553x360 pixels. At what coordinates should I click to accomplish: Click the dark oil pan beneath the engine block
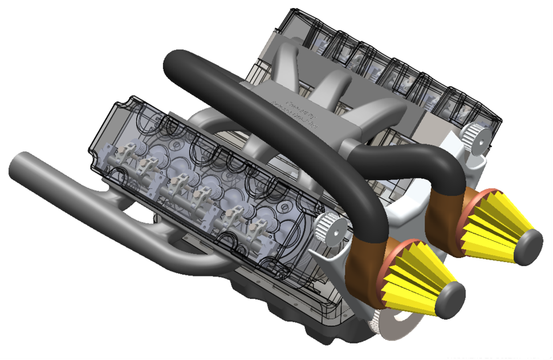(x=288, y=311)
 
